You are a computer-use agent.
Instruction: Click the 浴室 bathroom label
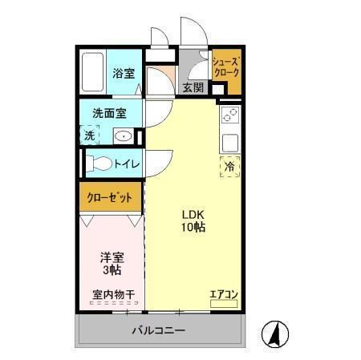(x=124, y=74)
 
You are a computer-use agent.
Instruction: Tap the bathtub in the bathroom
(x=93, y=74)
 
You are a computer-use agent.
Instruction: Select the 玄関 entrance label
(x=193, y=87)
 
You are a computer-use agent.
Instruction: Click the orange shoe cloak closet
(x=225, y=69)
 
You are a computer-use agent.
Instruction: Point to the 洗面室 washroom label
(x=110, y=113)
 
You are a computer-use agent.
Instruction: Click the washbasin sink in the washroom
(x=124, y=136)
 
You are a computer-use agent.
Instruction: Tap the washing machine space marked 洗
(x=89, y=136)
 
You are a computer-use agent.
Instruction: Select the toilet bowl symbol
(x=99, y=164)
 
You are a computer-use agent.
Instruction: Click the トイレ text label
(x=127, y=164)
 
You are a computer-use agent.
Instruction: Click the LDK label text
(x=193, y=214)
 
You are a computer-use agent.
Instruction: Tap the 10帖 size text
(x=193, y=228)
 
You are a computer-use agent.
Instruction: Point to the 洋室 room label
(x=111, y=257)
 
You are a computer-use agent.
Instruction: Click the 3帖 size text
(x=111, y=271)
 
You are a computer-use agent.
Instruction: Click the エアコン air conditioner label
(x=223, y=295)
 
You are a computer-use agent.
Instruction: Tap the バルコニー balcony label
(x=159, y=331)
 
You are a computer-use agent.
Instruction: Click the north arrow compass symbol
(x=275, y=334)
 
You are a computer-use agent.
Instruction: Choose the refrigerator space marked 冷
(x=229, y=167)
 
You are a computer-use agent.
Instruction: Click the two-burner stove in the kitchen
(x=229, y=114)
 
